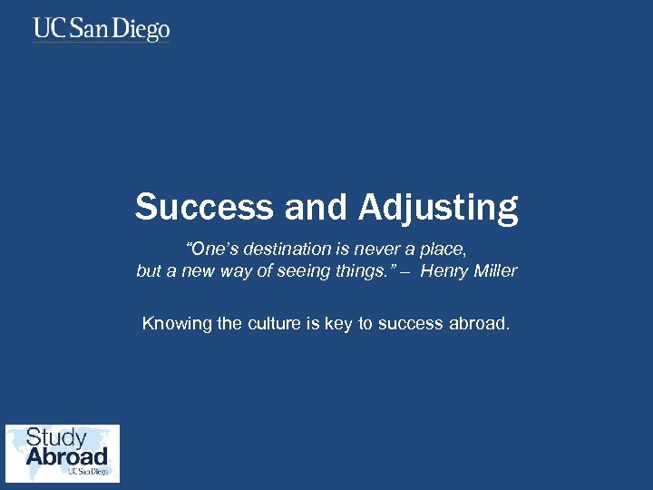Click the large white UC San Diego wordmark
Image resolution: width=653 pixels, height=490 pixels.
point(102,30)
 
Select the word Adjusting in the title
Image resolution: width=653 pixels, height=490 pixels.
point(438,209)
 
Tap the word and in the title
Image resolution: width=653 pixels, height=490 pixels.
point(317,207)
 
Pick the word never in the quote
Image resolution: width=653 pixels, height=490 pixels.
point(372,250)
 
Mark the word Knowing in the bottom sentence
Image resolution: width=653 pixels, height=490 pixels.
point(177,324)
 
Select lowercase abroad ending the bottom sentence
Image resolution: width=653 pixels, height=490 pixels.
point(480,323)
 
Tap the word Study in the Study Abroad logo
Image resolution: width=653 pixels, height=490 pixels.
point(56,438)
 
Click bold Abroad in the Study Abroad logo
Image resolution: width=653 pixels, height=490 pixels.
point(66,456)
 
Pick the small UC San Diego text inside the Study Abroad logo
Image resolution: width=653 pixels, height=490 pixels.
point(88,472)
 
